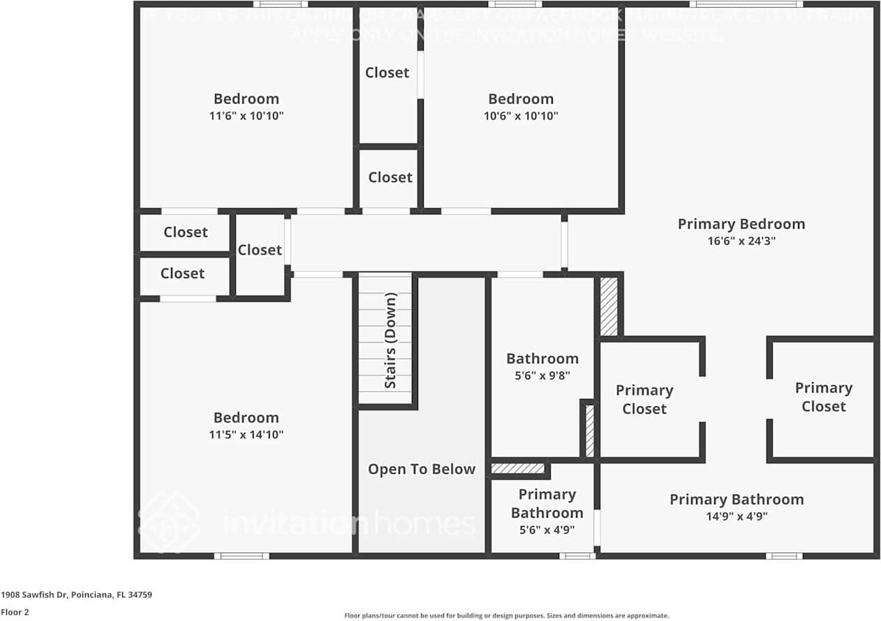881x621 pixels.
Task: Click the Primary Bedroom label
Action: [x=741, y=224]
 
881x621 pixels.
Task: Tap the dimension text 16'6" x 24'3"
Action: [x=741, y=241]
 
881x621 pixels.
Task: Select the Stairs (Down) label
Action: [x=390, y=340]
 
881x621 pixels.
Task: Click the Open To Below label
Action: [x=422, y=469]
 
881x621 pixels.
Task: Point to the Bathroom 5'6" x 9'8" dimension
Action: [x=542, y=375]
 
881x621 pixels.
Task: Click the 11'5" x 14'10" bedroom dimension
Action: [x=246, y=434]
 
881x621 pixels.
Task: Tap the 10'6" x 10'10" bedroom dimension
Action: [x=521, y=116]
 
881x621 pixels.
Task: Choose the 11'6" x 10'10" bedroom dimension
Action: [x=246, y=116]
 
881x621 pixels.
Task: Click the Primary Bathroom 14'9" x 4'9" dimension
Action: [x=736, y=517]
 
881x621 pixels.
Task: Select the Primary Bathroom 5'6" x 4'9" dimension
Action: [x=547, y=529]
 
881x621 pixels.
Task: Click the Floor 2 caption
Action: [x=15, y=613]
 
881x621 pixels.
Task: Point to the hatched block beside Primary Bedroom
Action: [x=609, y=306]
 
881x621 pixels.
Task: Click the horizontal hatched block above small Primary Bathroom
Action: [x=517, y=468]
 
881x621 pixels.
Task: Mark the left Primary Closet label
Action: [x=644, y=400]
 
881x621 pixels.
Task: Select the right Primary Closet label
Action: [x=824, y=397]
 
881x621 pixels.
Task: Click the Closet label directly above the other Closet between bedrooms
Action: [x=387, y=73]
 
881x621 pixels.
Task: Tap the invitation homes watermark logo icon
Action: [x=170, y=521]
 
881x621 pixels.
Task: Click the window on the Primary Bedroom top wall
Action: [x=746, y=4]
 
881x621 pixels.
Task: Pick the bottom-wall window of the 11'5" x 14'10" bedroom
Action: [x=242, y=556]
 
